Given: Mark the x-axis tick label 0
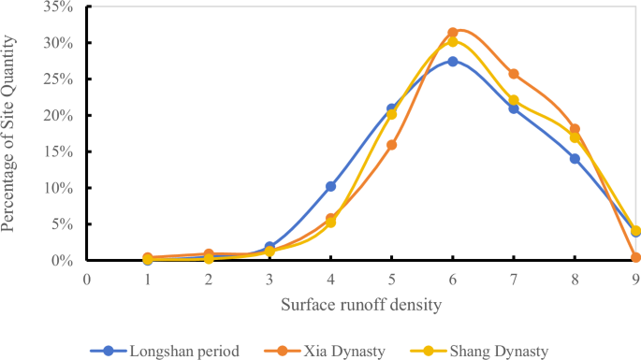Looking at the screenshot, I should point(87,278).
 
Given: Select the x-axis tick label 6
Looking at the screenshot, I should point(453,278).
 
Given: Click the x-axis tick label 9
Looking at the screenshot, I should point(635,278).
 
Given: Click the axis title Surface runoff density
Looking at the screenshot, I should point(361,304).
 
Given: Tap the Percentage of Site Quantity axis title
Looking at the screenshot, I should point(13,133).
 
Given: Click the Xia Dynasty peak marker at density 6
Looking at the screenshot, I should point(453,33).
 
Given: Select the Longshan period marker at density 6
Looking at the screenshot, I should point(453,62).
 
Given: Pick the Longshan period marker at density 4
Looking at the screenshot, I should point(330,186).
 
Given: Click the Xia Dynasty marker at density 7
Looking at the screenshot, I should point(514,74).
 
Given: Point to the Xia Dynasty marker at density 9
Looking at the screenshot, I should point(635,257).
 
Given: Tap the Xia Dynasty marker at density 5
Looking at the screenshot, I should point(392,145).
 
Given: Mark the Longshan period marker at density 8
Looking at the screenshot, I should point(575,158).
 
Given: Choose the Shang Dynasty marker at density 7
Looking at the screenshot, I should point(514,100).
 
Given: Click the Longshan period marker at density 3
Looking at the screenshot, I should point(270,247).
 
